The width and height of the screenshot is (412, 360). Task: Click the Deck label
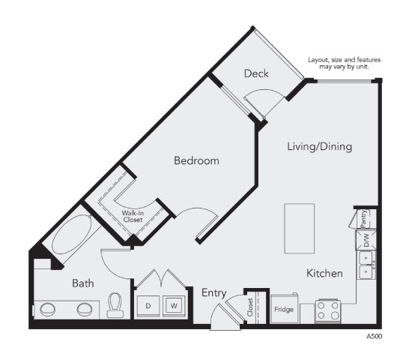[x=256, y=73]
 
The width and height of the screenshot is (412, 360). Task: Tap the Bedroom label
[x=196, y=160]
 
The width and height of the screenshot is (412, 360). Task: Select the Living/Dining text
[x=320, y=146]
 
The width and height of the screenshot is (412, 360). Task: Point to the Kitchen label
[x=324, y=274]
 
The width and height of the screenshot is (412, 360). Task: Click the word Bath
[x=82, y=283]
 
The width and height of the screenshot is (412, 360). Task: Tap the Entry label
[x=214, y=293]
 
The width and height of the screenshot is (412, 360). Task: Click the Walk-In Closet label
[x=133, y=216]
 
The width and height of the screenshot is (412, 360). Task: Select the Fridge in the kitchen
[x=285, y=309]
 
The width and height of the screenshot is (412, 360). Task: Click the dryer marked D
[x=148, y=306]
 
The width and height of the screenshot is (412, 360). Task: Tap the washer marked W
[x=174, y=306]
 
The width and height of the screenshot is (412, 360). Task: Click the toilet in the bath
[x=115, y=305]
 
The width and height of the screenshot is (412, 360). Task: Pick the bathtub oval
[x=72, y=235]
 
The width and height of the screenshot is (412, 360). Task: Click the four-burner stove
[x=327, y=311]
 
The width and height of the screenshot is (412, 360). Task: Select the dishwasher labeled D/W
[x=366, y=240]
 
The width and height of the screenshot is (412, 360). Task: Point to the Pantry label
[x=364, y=219]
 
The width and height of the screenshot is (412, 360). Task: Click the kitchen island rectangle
[x=300, y=229]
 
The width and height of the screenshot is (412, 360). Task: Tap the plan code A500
[x=374, y=336]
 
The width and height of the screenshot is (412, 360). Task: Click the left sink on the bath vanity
[x=47, y=310]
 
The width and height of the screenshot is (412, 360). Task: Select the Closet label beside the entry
[x=250, y=307]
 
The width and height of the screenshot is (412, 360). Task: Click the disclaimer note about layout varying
[x=345, y=63]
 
